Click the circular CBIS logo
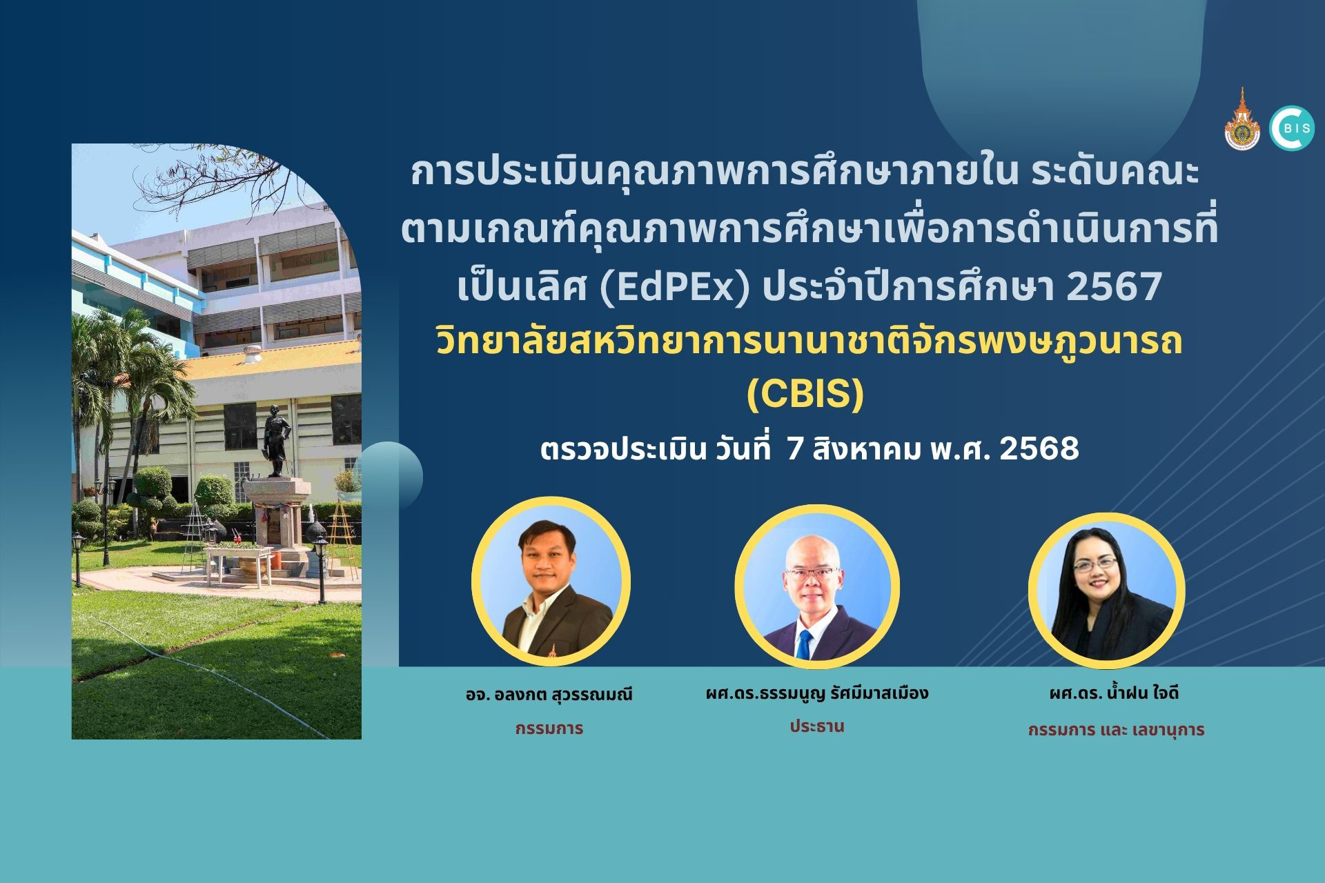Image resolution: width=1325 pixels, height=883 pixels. (1291, 128)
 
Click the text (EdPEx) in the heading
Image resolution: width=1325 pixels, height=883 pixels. (674, 287)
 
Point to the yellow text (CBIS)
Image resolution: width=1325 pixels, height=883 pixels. (805, 394)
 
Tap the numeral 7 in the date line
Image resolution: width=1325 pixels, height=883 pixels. (795, 448)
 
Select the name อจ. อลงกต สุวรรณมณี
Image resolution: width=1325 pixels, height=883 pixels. (549, 694)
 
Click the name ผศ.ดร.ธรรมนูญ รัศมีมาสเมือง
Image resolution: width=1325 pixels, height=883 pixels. (816, 693)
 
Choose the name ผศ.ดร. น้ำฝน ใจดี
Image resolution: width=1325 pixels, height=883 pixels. (1114, 693)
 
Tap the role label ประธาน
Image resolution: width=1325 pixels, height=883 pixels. (817, 726)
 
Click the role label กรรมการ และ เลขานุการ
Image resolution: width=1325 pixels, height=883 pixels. (1116, 730)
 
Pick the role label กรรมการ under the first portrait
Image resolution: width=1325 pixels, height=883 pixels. (549, 728)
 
